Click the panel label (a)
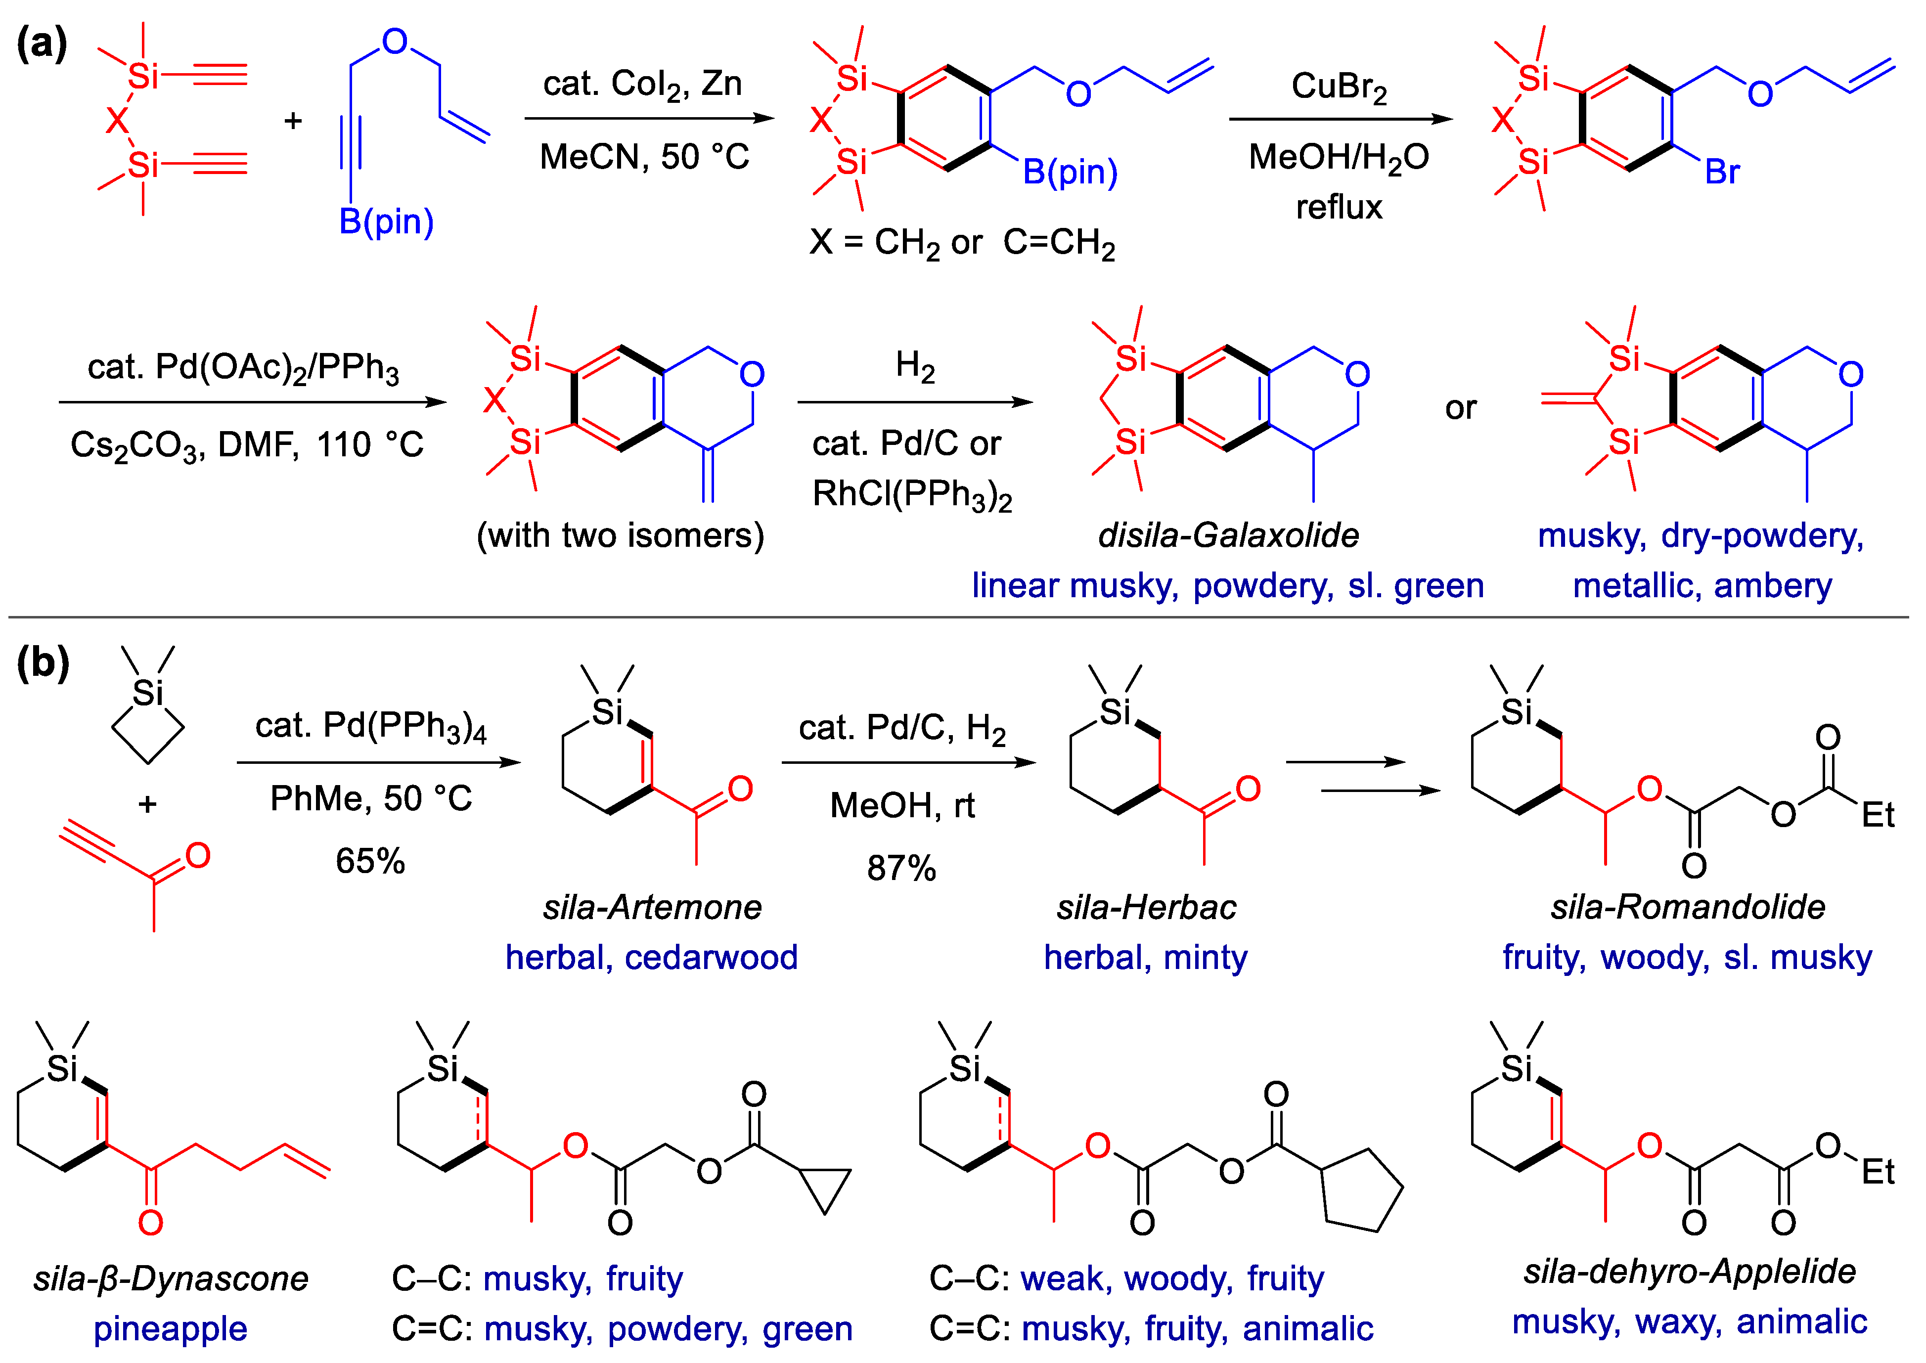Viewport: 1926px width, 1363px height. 42,44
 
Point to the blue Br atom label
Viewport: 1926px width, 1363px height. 1722,172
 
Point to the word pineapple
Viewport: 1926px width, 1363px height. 171,1328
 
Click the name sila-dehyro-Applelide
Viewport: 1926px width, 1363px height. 1689,1272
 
